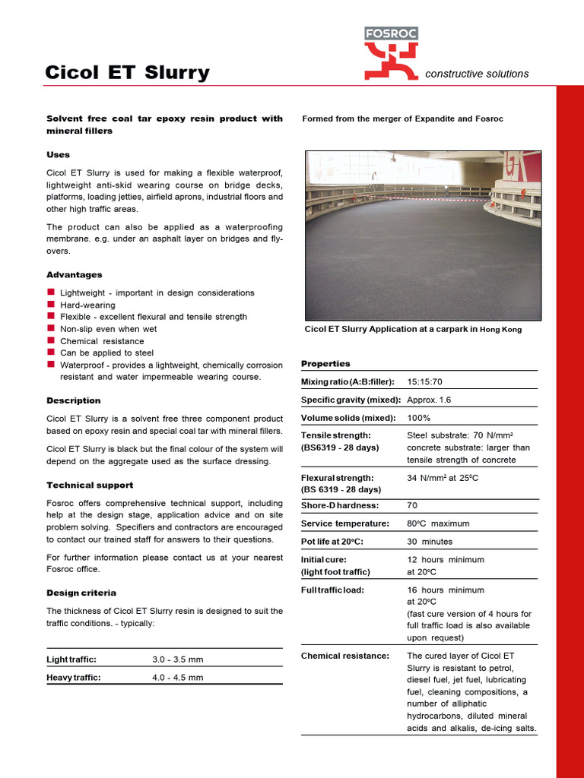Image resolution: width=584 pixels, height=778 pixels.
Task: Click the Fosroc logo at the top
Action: tap(391, 53)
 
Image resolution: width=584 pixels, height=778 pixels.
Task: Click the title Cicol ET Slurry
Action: tap(127, 72)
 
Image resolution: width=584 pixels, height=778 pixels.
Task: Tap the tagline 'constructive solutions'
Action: tap(477, 74)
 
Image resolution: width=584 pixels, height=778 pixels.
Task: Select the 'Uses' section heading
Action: tap(59, 154)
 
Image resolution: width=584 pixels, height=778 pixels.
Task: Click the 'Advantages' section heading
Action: tap(75, 274)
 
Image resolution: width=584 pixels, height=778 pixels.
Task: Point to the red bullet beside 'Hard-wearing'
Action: tap(51, 304)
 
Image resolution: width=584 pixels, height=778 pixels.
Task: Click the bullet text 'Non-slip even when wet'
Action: tap(109, 329)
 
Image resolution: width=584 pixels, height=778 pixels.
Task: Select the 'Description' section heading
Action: tap(74, 400)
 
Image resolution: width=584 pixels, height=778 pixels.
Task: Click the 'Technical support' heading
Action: tap(90, 485)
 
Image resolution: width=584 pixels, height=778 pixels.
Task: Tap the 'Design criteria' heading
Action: tap(81, 593)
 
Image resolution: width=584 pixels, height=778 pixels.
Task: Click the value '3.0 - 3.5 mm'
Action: tap(178, 659)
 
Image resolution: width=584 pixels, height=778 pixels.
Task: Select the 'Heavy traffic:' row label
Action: tap(74, 678)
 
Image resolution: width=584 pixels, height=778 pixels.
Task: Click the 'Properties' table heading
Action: tap(325, 363)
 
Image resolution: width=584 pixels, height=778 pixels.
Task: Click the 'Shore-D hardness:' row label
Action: tap(340, 505)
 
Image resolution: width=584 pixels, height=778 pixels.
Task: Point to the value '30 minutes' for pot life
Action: tap(430, 542)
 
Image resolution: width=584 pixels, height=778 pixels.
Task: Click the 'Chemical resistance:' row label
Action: tap(345, 656)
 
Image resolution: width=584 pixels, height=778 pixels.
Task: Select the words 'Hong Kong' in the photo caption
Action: tap(501, 330)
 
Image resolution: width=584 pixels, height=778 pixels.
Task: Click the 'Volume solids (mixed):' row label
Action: tap(348, 418)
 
